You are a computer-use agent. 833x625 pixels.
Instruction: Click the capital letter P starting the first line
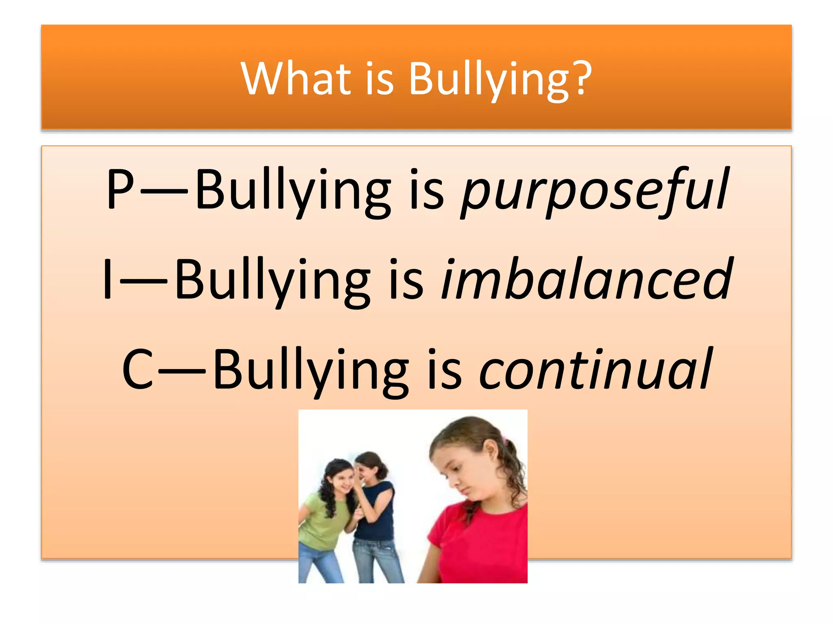120,189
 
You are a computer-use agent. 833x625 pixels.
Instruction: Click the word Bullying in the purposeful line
293,191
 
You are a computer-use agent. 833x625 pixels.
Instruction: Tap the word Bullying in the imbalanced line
273,281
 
